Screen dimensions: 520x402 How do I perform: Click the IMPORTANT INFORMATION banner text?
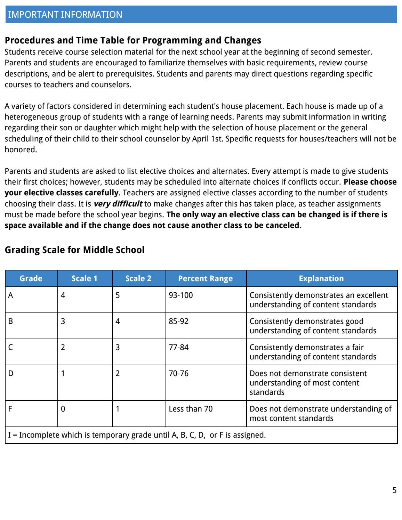65,15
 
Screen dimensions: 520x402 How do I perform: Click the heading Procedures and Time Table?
133,40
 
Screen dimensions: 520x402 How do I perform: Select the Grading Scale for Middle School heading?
74,250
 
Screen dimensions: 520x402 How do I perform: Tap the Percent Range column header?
205,278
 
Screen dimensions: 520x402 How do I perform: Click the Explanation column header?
321,278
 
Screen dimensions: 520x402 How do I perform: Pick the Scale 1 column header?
85,278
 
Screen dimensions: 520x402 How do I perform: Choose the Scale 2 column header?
138,278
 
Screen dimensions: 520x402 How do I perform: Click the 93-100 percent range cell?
180,295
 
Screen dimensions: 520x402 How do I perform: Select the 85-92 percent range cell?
178,321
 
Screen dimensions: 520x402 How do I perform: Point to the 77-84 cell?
178,347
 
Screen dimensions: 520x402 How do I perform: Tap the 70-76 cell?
178,373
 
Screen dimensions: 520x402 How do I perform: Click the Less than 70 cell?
191,409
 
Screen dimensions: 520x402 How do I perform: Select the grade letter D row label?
11,373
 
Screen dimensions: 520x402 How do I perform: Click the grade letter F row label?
10,409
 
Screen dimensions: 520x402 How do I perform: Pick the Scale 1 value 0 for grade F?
63,409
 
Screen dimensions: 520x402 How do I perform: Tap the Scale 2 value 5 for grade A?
118,295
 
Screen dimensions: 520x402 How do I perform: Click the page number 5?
394,490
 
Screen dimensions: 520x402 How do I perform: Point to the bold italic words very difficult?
118,204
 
